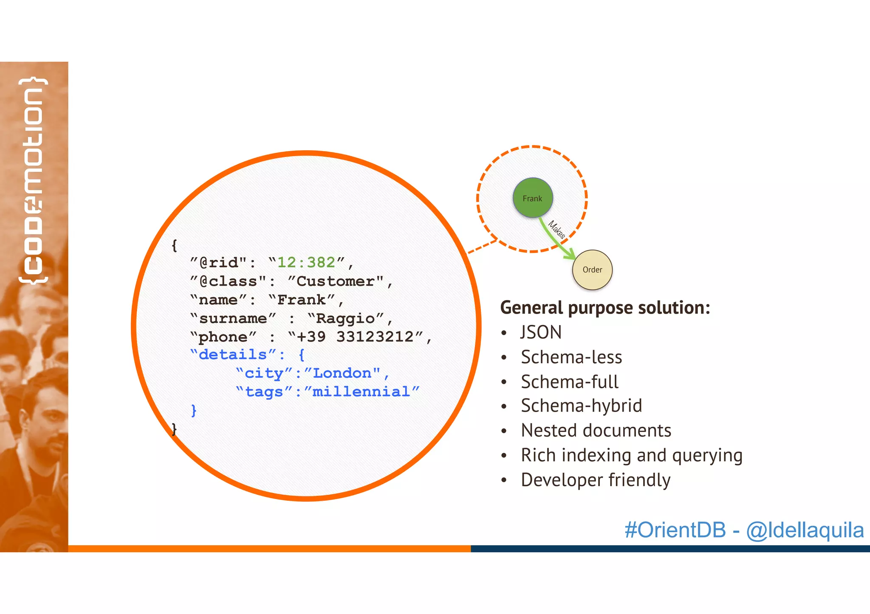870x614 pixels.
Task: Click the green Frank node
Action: (x=533, y=198)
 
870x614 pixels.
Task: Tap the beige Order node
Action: (x=592, y=270)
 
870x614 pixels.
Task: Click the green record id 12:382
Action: (x=306, y=263)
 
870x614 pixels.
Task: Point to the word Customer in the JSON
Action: (x=336, y=281)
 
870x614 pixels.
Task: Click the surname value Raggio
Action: (x=345, y=318)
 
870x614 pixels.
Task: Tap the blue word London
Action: (x=342, y=373)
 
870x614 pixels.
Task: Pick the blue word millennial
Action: (x=361, y=392)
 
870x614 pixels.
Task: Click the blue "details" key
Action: (x=232, y=355)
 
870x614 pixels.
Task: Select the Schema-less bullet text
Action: (x=571, y=357)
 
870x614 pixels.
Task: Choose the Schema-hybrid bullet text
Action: (x=581, y=406)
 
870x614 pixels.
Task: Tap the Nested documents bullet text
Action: (x=596, y=431)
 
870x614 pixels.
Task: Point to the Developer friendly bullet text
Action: (x=596, y=480)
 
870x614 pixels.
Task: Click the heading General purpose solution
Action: (x=605, y=308)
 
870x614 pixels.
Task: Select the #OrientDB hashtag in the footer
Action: (x=675, y=530)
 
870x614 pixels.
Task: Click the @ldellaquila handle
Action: (x=805, y=530)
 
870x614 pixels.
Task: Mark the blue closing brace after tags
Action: (x=194, y=410)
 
